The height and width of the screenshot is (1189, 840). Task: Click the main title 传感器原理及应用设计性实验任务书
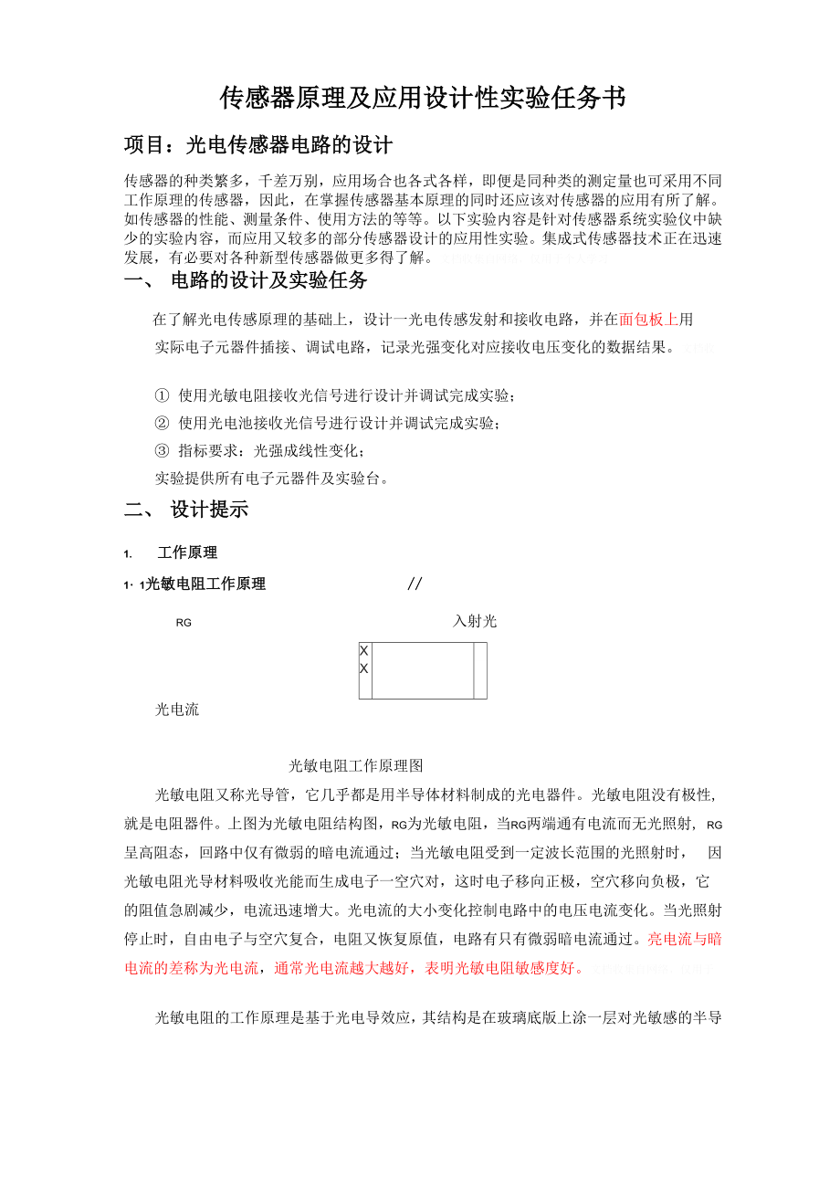point(422,99)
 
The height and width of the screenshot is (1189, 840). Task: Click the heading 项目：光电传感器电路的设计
point(258,145)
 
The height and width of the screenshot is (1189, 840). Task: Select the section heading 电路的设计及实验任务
point(268,279)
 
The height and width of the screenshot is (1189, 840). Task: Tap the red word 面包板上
point(648,320)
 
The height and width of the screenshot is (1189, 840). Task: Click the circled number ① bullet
point(162,396)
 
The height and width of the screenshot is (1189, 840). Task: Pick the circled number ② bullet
point(162,423)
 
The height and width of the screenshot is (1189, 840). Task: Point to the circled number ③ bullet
point(162,450)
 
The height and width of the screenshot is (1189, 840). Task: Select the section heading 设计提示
point(209,510)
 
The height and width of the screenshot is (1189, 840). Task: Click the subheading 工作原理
point(187,552)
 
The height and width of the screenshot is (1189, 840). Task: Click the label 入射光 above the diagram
point(475,622)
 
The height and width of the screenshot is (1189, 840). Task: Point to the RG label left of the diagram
point(184,623)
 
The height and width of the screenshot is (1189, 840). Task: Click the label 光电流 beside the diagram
point(177,710)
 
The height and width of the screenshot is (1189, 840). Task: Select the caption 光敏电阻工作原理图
point(356,765)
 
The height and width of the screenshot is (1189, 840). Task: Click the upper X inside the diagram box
point(364,651)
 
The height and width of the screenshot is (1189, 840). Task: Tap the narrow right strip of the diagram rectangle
point(480,670)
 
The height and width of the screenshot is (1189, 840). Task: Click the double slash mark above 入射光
point(415,584)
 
